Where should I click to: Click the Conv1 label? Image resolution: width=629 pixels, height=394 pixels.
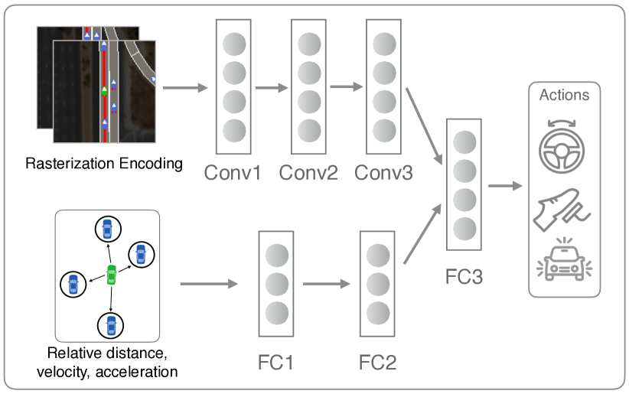tap(233, 172)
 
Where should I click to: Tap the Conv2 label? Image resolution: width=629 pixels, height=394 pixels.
tap(308, 172)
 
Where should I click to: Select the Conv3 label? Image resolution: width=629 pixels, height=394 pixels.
tap(383, 172)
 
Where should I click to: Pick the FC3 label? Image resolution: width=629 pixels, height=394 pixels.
tap(464, 276)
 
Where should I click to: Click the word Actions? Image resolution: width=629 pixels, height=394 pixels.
tap(565, 95)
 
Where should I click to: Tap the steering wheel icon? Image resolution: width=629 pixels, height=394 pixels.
tap(564, 146)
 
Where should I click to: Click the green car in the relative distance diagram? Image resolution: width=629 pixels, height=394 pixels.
tap(112, 274)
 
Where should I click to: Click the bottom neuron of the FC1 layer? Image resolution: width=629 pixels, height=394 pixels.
tap(276, 312)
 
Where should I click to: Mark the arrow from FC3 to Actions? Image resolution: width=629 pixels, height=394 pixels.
tap(505, 185)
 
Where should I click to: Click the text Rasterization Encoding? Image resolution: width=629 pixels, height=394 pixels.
tap(104, 163)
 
